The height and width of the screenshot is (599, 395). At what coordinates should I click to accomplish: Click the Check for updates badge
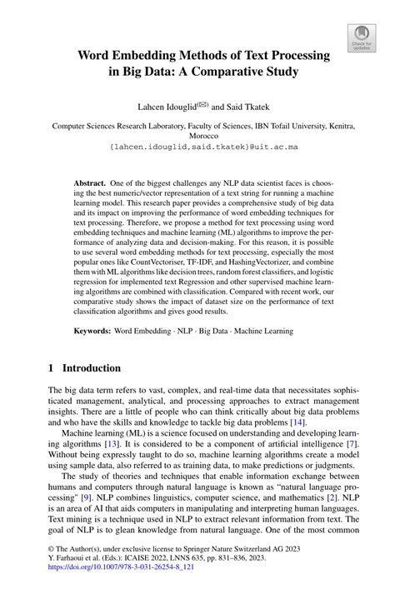click(x=361, y=36)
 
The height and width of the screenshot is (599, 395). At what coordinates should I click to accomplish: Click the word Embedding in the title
click(x=156, y=56)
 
